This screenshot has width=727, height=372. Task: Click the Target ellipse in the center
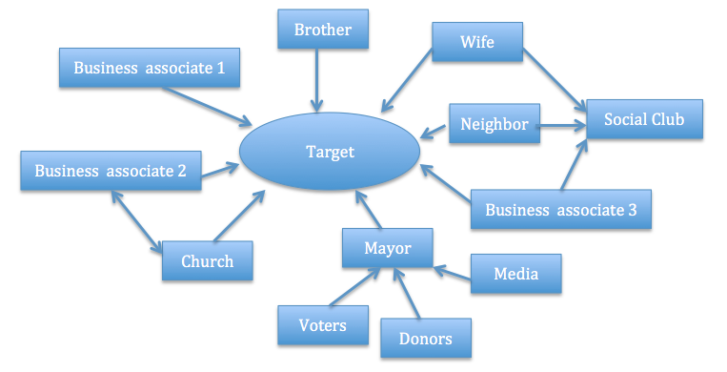[x=330, y=152]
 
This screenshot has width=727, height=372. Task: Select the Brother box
[x=322, y=30]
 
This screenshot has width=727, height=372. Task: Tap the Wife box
[x=475, y=43]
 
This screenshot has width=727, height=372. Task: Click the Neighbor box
[x=494, y=124]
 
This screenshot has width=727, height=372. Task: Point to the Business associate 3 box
[x=560, y=210]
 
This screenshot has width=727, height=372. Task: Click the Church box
[x=207, y=260]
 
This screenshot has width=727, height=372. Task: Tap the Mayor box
[x=387, y=248]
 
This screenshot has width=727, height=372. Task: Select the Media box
[x=515, y=274]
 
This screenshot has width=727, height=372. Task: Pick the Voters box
[x=324, y=325]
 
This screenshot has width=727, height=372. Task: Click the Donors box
[x=425, y=338]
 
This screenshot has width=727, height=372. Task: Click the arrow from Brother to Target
[x=317, y=81]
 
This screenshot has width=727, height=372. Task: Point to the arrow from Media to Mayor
[x=452, y=273]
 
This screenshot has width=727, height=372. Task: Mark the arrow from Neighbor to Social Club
[x=562, y=124]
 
